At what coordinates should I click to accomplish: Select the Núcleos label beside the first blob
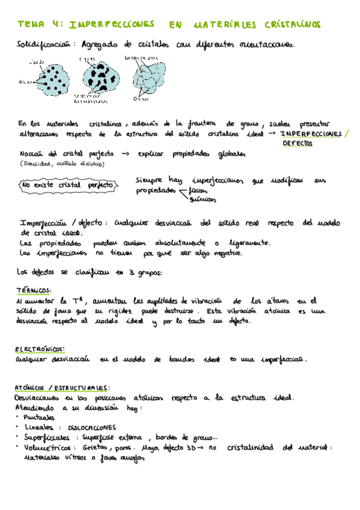(x=25, y=81)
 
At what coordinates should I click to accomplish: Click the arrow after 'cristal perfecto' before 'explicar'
(x=126, y=154)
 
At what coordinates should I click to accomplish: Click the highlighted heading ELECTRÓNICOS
(x=40, y=349)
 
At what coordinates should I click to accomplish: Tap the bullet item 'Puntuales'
(x=38, y=417)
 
